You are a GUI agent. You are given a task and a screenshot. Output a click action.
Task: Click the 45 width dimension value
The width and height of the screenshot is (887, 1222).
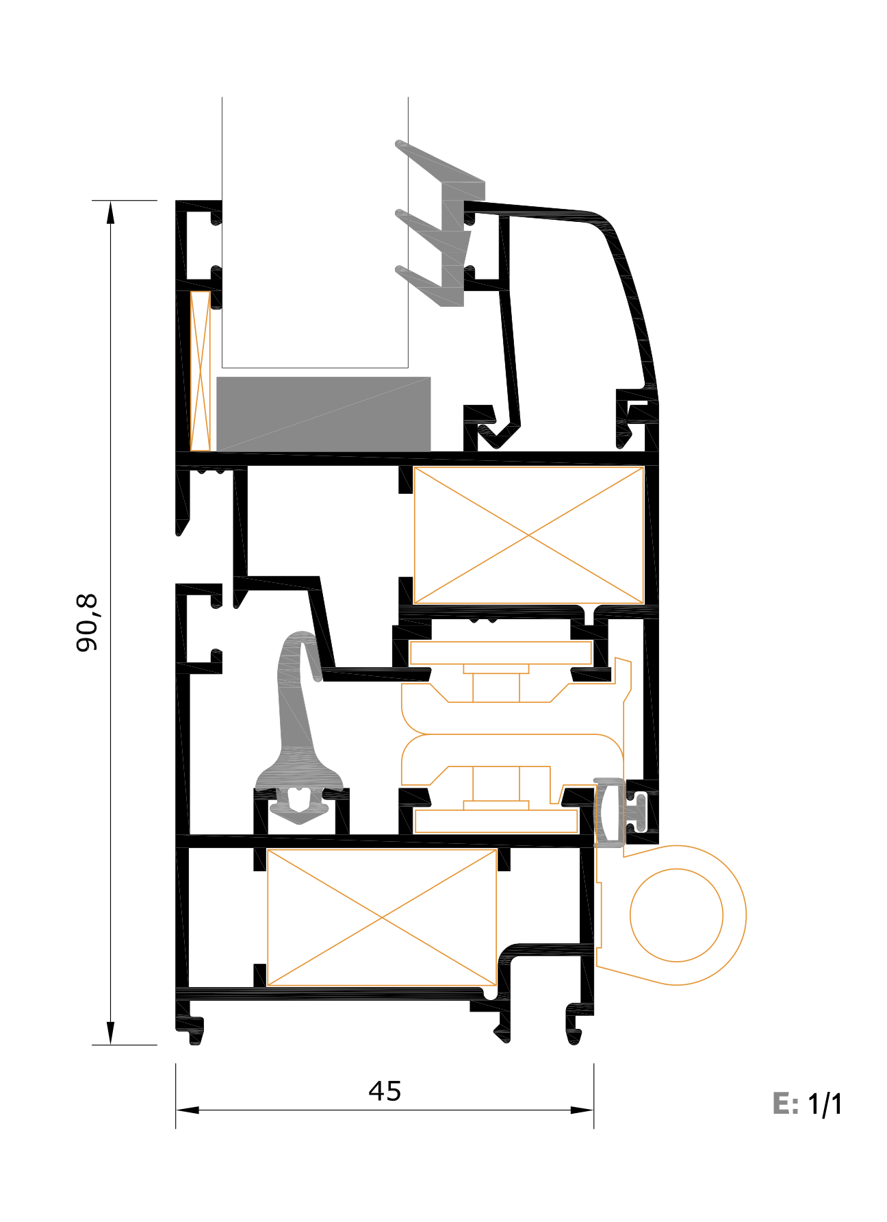coord(385,1091)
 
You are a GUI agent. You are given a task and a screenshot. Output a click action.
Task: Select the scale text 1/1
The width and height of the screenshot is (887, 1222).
coord(825,1104)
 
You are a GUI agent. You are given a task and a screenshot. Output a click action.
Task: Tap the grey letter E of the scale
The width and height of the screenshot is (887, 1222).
coord(782,1104)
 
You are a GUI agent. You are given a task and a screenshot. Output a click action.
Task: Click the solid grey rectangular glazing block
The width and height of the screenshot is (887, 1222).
coord(324,414)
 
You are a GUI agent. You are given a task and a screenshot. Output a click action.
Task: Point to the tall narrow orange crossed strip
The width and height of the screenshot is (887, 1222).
coord(201,371)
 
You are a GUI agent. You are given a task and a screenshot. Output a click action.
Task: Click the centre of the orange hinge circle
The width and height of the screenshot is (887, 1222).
coord(676,915)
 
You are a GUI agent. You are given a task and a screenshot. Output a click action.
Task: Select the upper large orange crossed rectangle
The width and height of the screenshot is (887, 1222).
coord(528,535)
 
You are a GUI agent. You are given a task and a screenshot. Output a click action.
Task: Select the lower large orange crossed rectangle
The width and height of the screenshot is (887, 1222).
coord(381,917)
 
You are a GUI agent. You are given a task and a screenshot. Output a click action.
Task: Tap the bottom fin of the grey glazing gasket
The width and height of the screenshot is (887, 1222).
coord(429,286)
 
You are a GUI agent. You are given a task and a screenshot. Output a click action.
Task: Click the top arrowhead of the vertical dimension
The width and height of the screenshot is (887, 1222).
coord(110,212)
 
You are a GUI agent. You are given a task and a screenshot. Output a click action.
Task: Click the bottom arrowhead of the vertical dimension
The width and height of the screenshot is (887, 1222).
coord(110,1033)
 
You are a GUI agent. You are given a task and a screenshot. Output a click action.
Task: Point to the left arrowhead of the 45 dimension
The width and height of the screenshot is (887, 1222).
coord(188,1110)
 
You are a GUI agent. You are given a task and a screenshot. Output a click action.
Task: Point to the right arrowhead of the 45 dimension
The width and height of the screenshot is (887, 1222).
coord(582,1110)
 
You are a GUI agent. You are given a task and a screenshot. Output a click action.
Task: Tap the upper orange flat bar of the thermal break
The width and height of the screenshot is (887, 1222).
coord(500,653)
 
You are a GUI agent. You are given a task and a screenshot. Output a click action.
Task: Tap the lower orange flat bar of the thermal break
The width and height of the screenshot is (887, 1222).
coord(496,821)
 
